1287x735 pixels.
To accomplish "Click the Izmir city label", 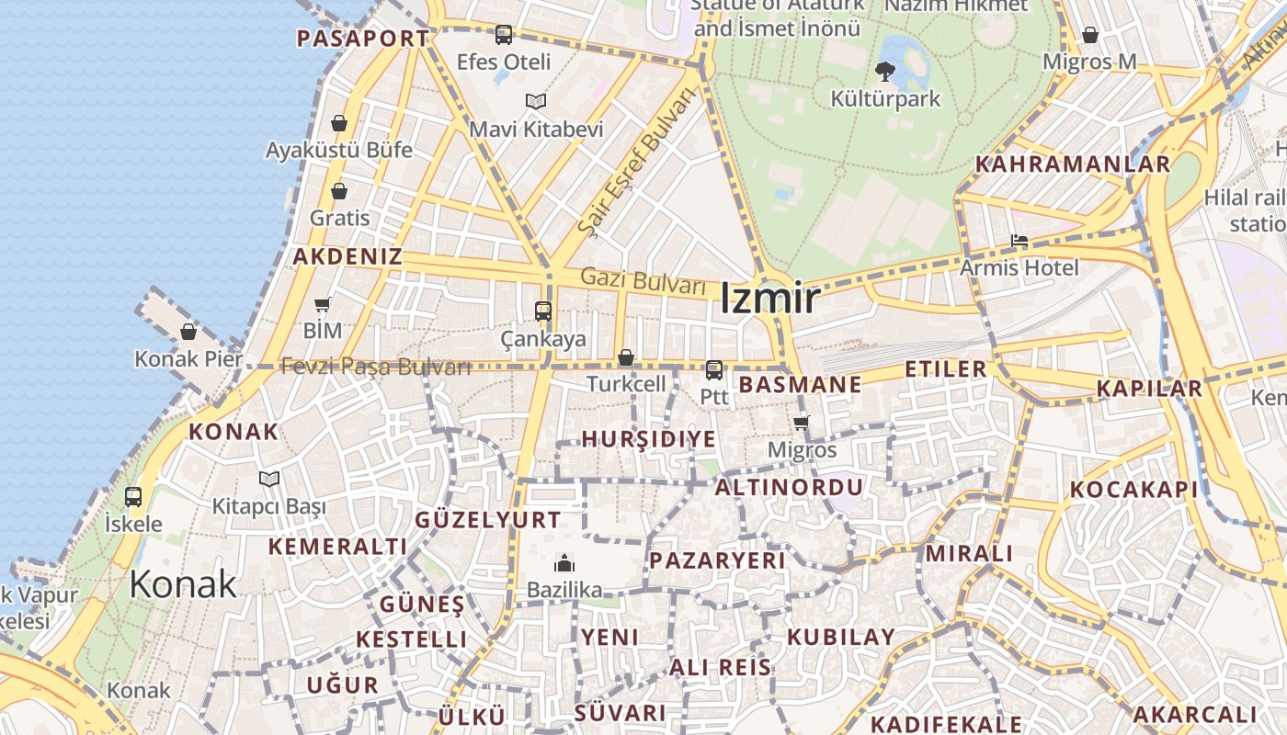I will click(x=769, y=299).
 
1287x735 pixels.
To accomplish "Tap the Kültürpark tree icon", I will click(x=885, y=70).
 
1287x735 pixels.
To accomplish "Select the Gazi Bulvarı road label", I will click(x=643, y=281).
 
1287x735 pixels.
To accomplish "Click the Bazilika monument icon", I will click(x=564, y=562).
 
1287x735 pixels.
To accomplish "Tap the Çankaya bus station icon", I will click(x=543, y=311).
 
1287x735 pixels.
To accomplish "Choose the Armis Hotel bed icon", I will click(x=1019, y=241).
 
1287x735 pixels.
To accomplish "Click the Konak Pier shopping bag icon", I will click(x=188, y=332).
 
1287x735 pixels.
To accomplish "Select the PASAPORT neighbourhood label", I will click(x=363, y=39).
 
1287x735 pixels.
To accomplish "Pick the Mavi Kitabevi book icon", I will click(x=536, y=101).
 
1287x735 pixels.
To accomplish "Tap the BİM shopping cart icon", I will click(x=323, y=304).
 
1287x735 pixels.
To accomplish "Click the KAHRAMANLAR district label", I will click(x=1072, y=164).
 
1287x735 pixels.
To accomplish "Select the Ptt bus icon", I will click(x=713, y=369).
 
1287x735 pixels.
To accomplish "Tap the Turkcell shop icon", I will click(x=626, y=357).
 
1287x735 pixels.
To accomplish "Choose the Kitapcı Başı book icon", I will click(x=269, y=479).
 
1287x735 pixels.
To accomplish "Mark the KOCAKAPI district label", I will click(x=1134, y=490).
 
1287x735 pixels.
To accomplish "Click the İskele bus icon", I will click(x=133, y=497).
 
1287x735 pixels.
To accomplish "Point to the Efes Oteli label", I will click(x=504, y=62).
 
